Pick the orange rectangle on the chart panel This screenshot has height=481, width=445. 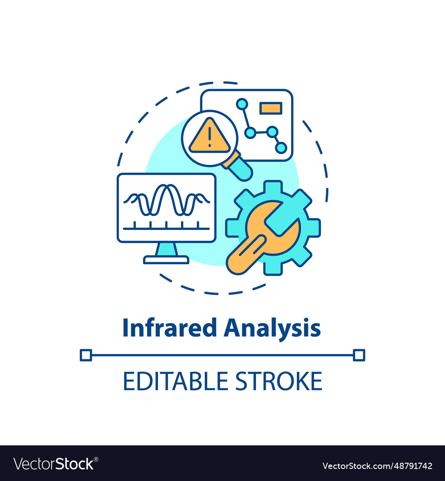point(271,108)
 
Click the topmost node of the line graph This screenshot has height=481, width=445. point(242,104)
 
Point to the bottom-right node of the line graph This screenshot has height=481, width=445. point(281,148)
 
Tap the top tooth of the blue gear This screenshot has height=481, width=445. point(273,186)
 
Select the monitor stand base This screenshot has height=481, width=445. point(166,259)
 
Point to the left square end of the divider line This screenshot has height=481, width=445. point(85,355)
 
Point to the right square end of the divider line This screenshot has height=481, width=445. point(359,355)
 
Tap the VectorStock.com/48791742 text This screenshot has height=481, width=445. point(377,466)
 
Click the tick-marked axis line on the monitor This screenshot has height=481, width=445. point(166,228)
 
